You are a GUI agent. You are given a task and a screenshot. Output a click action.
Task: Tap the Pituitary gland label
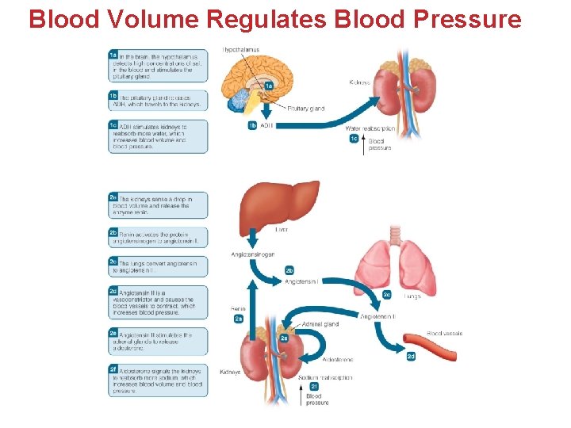click(305, 108)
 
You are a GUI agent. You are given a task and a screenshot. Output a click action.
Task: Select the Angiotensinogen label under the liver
click(253, 254)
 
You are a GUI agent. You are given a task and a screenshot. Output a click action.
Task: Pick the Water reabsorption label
click(370, 128)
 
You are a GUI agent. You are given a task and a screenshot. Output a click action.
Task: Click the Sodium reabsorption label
click(326, 377)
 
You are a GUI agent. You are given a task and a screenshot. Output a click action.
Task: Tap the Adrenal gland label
click(321, 324)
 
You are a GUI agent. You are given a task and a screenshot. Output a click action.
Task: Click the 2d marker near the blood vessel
click(411, 357)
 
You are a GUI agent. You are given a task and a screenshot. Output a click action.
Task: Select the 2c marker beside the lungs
click(387, 294)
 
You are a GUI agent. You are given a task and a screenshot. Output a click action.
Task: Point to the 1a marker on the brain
click(269, 86)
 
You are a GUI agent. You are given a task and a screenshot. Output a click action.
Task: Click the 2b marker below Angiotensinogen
click(289, 271)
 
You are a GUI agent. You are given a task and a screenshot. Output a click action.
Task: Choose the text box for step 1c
click(159, 136)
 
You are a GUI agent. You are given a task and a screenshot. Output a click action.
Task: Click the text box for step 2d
click(159, 303)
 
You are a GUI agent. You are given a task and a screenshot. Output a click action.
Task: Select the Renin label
click(238, 308)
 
